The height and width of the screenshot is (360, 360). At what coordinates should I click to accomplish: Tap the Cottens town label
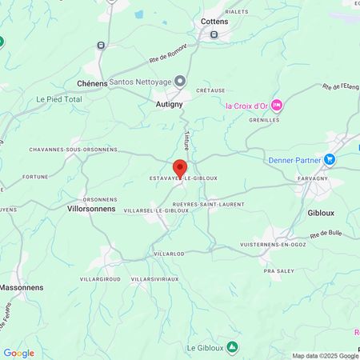pyautogui.click(x=214, y=22)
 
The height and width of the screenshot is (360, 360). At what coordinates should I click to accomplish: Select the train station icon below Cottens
pyautogui.click(x=214, y=34)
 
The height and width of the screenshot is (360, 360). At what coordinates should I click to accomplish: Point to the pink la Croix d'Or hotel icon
pyautogui.click(x=276, y=105)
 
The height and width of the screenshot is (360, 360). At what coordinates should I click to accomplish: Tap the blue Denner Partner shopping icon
pyautogui.click(x=329, y=160)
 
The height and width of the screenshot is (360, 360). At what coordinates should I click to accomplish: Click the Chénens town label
pyautogui.click(x=92, y=83)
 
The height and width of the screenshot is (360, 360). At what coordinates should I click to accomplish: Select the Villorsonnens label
pyautogui.click(x=92, y=208)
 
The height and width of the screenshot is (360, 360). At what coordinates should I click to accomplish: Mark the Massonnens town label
pyautogui.click(x=22, y=286)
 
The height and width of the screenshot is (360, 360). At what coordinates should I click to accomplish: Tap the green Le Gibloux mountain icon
pyautogui.click(x=232, y=347)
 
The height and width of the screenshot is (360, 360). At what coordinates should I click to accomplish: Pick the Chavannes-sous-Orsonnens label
pyautogui.click(x=74, y=150)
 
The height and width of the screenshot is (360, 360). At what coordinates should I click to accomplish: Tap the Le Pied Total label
pyautogui.click(x=59, y=99)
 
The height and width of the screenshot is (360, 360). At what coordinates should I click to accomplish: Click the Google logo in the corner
pyautogui.click(x=18, y=353)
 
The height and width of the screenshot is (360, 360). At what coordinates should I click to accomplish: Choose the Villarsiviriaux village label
pyautogui.click(x=154, y=279)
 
